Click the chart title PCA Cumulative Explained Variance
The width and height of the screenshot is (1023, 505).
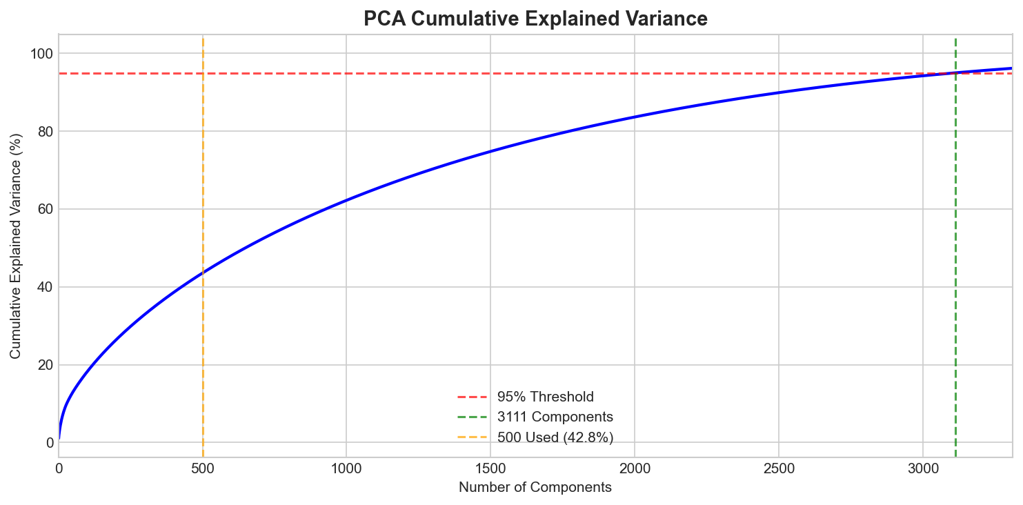pyautogui.click(x=535, y=19)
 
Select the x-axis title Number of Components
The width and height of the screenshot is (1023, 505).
pyautogui.click(x=535, y=488)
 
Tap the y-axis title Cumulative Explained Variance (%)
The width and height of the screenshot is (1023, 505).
pyautogui.click(x=15, y=245)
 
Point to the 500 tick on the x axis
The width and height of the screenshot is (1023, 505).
pyautogui.click(x=203, y=468)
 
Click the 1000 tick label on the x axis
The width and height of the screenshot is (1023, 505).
pyautogui.click(x=346, y=468)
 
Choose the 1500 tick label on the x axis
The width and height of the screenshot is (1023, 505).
pyautogui.click(x=490, y=468)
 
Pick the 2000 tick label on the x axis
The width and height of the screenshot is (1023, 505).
pyautogui.click(x=635, y=468)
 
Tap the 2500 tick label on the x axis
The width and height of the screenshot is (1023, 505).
pyautogui.click(x=779, y=468)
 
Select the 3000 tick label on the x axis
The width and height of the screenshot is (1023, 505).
pyautogui.click(x=922, y=468)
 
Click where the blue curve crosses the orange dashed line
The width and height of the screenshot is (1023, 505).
pyautogui.click(x=203, y=272)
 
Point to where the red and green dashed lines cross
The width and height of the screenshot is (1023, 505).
pyautogui.click(x=955, y=73)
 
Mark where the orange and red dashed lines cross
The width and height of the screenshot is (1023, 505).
pyautogui.click(x=203, y=73)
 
